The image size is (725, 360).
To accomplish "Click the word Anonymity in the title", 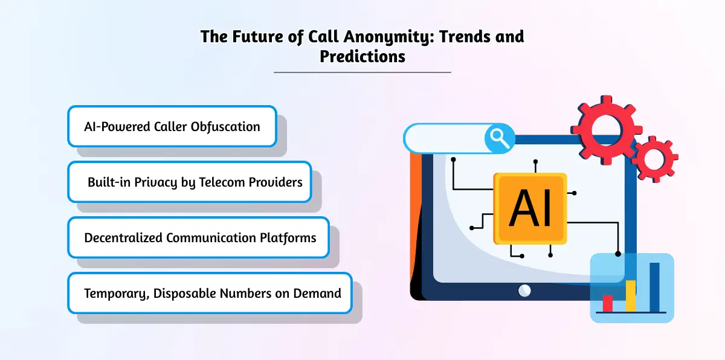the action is (388, 37).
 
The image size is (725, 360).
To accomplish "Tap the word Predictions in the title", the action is (362, 56).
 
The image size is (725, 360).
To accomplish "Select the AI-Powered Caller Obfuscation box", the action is (172, 126).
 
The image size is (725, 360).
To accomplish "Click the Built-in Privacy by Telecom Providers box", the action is (190, 182).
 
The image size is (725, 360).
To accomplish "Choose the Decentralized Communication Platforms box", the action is (198, 238).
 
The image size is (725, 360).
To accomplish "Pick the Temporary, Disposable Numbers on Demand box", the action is (210, 294).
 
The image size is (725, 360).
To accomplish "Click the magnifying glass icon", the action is (500, 138).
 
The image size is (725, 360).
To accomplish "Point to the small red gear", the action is (654, 159).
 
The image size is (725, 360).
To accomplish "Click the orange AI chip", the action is (530, 208).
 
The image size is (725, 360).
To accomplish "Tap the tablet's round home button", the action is (524, 291).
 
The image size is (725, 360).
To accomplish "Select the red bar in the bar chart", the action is (608, 303).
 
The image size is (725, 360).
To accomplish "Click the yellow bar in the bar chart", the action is (631, 296).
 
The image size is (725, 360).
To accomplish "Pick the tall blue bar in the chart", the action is (654, 288).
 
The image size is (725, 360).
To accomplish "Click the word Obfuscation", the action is (225, 127).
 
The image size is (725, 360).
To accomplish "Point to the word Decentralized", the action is (123, 238).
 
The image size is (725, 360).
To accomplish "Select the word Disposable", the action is (184, 294).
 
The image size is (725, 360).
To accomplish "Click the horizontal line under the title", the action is (362, 72).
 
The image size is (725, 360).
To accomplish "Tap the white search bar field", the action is (445, 138).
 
